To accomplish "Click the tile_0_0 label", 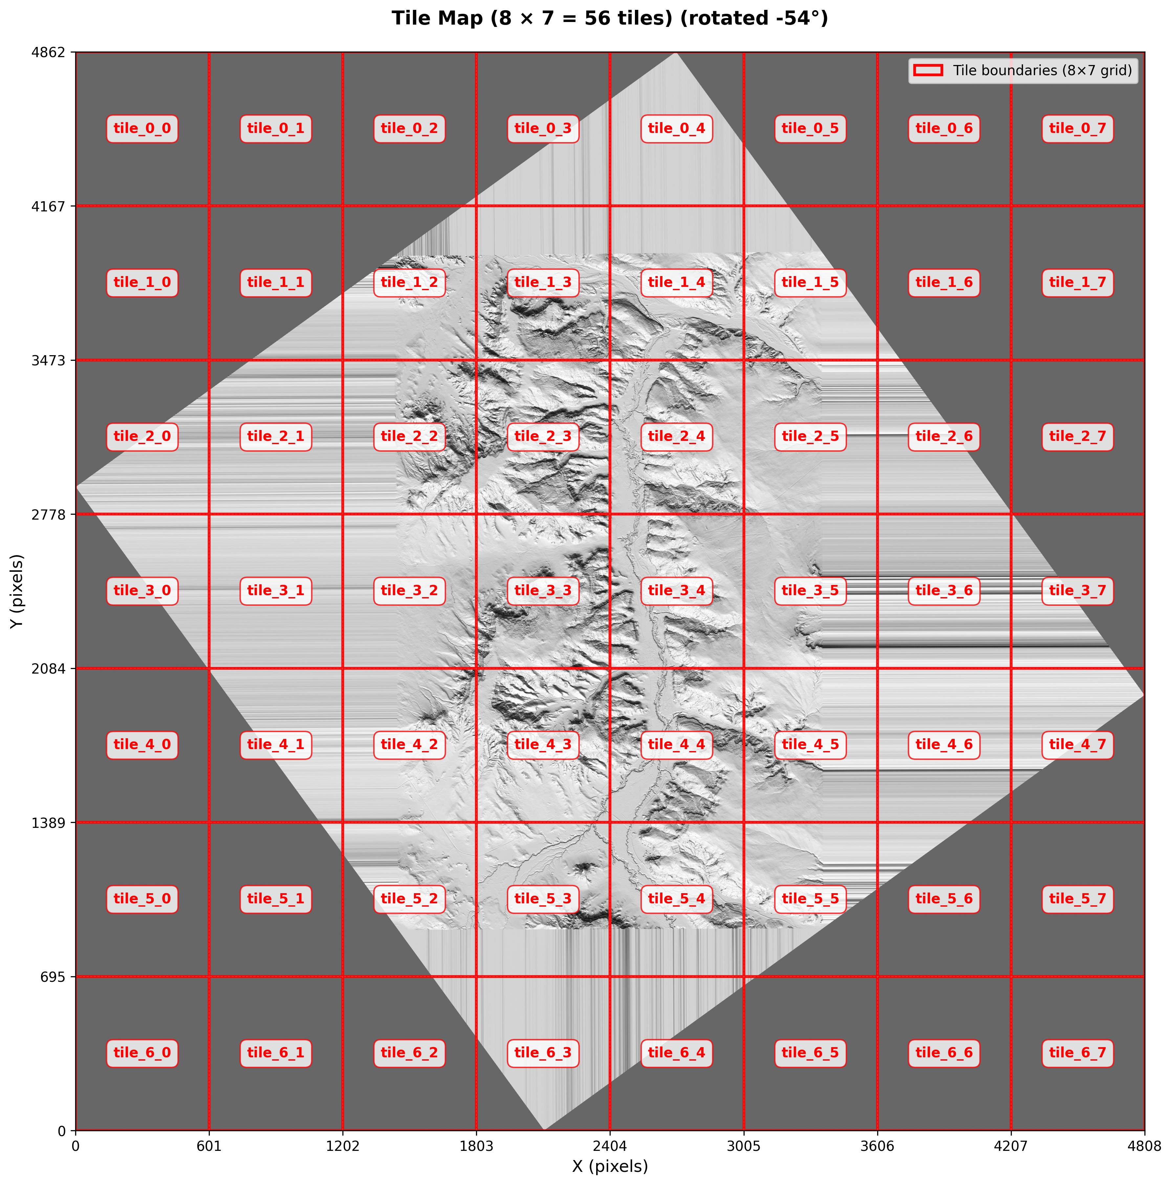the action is point(142,129).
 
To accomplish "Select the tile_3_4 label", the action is point(677,591).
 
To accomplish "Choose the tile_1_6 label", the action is point(944,283).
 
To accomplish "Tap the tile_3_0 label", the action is point(142,591).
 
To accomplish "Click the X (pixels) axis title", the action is point(610,1166).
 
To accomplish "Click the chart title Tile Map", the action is point(610,18).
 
